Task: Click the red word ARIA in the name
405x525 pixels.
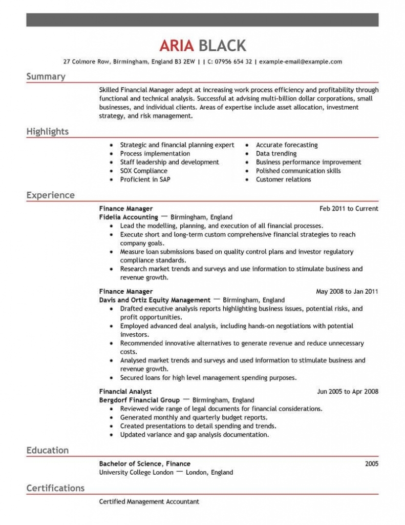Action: [176, 46]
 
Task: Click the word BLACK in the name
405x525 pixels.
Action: [222, 46]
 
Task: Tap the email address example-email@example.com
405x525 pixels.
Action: [301, 62]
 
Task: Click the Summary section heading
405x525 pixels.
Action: [46, 76]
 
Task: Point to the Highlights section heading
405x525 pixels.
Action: [47, 132]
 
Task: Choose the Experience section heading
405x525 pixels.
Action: [50, 195]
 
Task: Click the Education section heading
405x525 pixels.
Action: [47, 450]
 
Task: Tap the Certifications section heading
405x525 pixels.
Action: [55, 488]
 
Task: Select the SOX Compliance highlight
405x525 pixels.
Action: [143, 171]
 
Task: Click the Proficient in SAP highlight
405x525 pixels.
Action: [145, 179]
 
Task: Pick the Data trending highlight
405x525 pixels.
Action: [276, 153]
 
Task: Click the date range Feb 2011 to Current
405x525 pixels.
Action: [349, 209]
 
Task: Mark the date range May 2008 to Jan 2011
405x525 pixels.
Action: [347, 292]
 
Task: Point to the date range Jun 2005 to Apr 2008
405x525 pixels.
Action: [348, 392]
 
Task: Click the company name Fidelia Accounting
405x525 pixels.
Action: [129, 217]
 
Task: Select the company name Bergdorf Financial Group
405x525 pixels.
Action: [139, 400]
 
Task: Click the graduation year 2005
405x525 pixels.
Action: [371, 463]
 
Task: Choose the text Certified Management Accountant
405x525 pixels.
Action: [149, 501]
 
